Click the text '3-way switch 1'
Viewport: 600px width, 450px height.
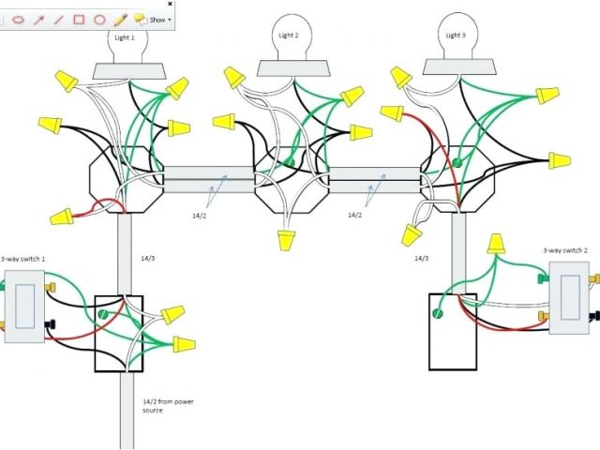(22, 259)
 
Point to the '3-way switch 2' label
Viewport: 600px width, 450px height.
(565, 250)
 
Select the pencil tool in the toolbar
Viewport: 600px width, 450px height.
(120, 19)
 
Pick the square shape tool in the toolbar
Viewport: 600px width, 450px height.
(80, 19)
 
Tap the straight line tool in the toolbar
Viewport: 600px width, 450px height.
(59, 19)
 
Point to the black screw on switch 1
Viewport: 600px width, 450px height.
(47, 325)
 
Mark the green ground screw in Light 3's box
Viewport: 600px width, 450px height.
(457, 163)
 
